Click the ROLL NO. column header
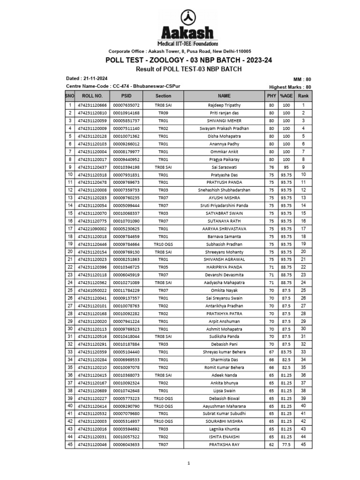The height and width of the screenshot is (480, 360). click(89, 96)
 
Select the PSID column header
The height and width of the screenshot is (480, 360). click(127, 96)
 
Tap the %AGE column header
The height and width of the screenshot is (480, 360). click(286, 96)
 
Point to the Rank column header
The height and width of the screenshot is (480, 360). click(303, 96)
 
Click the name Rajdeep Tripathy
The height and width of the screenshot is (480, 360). click(224, 105)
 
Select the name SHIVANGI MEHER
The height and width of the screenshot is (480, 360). click(224, 121)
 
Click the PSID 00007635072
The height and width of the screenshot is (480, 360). click(127, 105)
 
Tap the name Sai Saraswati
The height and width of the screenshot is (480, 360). click(224, 167)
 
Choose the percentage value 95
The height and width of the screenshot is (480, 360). click(286, 167)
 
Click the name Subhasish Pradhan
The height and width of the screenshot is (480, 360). click(224, 244)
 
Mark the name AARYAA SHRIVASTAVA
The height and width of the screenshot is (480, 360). click(224, 229)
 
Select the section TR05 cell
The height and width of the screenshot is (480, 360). click(163, 267)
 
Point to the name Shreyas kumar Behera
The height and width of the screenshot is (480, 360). click(224, 352)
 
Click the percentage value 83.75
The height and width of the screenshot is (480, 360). click(286, 352)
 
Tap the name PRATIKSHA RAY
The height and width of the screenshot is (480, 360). click(224, 444)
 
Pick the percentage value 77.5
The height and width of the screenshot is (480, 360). click(286, 444)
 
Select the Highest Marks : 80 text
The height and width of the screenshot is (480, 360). click(290, 87)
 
